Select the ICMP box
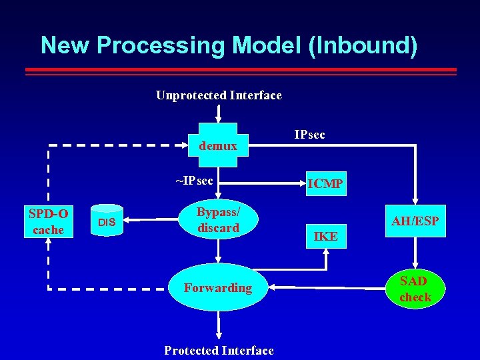coord(325,183)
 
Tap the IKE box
coord(325,235)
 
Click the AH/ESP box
coord(414,221)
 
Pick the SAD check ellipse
coord(415,288)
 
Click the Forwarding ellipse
coord(218,288)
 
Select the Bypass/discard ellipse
coord(218,219)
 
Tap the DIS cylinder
coord(107,221)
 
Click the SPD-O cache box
coord(48,221)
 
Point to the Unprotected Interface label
coord(219,95)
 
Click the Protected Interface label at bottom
coord(219,351)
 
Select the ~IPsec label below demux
coord(194,181)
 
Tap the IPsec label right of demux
coord(309,135)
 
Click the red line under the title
coord(240,69)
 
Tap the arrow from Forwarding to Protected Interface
coord(218,327)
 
